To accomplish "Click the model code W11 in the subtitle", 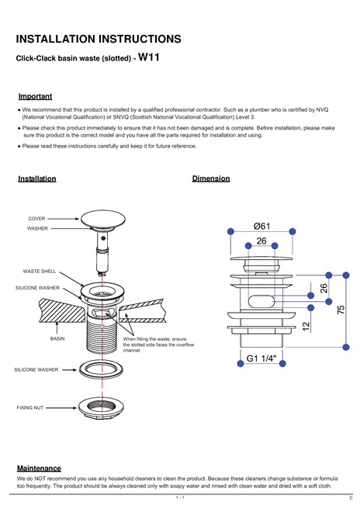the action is [149, 57].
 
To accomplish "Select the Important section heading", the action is [35, 96].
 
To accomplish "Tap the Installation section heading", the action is [37, 178].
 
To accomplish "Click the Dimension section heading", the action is [211, 178].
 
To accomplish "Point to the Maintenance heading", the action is [39, 468].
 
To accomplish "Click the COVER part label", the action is [36, 219].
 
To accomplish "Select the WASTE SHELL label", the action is [40, 271].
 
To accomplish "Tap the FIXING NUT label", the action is [29, 407].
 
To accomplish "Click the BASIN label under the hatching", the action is [57, 338].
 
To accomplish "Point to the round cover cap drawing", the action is [103, 219].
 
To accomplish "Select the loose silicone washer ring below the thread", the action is [102, 370].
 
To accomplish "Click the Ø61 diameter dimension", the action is [261, 226].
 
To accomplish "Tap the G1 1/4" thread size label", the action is [261, 358].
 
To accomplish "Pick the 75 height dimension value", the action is [341, 310].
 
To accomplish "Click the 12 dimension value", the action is [306, 326].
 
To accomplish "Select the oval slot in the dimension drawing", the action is [261, 301].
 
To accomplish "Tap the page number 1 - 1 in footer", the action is [180, 497].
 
